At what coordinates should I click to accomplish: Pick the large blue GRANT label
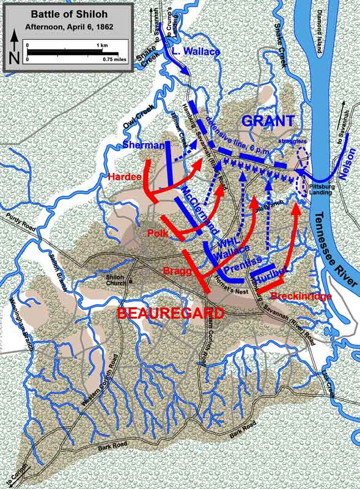point(268,120)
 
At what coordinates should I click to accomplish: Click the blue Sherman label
point(144,145)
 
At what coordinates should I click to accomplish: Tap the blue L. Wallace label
point(196,52)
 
